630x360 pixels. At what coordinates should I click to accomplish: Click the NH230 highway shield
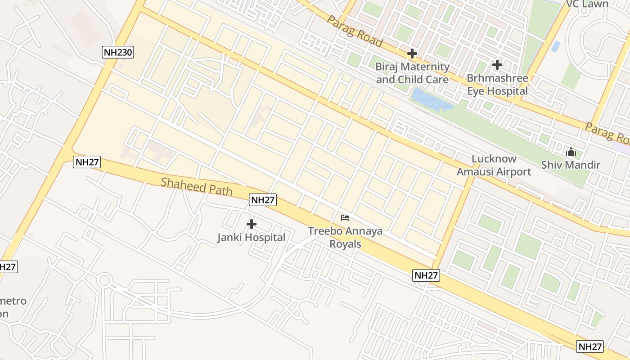click(118, 52)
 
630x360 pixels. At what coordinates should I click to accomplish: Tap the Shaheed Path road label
click(197, 186)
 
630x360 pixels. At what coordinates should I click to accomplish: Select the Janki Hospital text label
click(251, 238)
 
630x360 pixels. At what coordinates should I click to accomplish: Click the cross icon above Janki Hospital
click(252, 224)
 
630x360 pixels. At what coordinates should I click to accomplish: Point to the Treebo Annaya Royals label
click(345, 237)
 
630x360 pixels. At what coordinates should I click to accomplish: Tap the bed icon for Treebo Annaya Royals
click(345, 218)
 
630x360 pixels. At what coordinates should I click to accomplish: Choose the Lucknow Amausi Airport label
click(494, 165)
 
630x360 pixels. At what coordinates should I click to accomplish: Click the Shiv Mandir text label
click(571, 165)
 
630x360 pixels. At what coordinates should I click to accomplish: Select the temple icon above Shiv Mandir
click(571, 152)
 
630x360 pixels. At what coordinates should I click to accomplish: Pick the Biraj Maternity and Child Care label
click(412, 73)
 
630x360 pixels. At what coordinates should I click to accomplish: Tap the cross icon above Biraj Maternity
click(412, 54)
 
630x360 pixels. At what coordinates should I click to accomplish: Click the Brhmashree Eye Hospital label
click(497, 84)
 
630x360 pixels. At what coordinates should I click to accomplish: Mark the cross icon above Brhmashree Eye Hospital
click(497, 65)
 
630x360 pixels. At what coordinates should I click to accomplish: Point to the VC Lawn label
click(587, 4)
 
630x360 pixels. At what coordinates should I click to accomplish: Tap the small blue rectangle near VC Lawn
click(556, 46)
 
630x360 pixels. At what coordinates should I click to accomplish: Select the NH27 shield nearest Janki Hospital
click(263, 200)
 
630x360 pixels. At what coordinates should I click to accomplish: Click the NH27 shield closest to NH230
click(87, 162)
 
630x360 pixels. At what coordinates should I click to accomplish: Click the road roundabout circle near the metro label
click(104, 280)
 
